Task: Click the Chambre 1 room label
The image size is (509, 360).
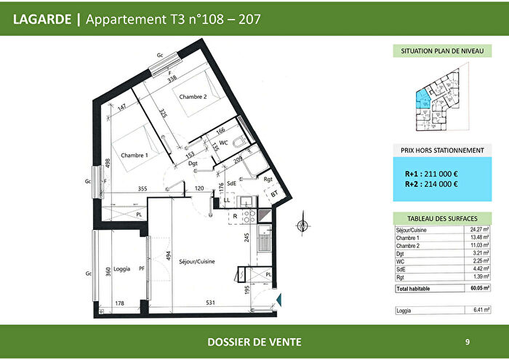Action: (135, 156)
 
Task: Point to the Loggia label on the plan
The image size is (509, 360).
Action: (123, 269)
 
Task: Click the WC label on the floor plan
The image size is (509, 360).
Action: (224, 143)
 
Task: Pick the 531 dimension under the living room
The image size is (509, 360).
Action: (210, 303)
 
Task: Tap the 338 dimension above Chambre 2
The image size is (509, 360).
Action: (172, 80)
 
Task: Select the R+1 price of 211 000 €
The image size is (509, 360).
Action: (431, 175)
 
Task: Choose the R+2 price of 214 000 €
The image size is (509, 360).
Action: (431, 185)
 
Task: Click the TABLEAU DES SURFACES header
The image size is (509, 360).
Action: (438, 218)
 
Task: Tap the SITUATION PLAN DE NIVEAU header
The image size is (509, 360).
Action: (438, 52)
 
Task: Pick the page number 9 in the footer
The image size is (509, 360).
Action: (467, 342)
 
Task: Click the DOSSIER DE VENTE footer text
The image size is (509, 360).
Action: (254, 342)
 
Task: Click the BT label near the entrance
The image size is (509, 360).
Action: (274, 193)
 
